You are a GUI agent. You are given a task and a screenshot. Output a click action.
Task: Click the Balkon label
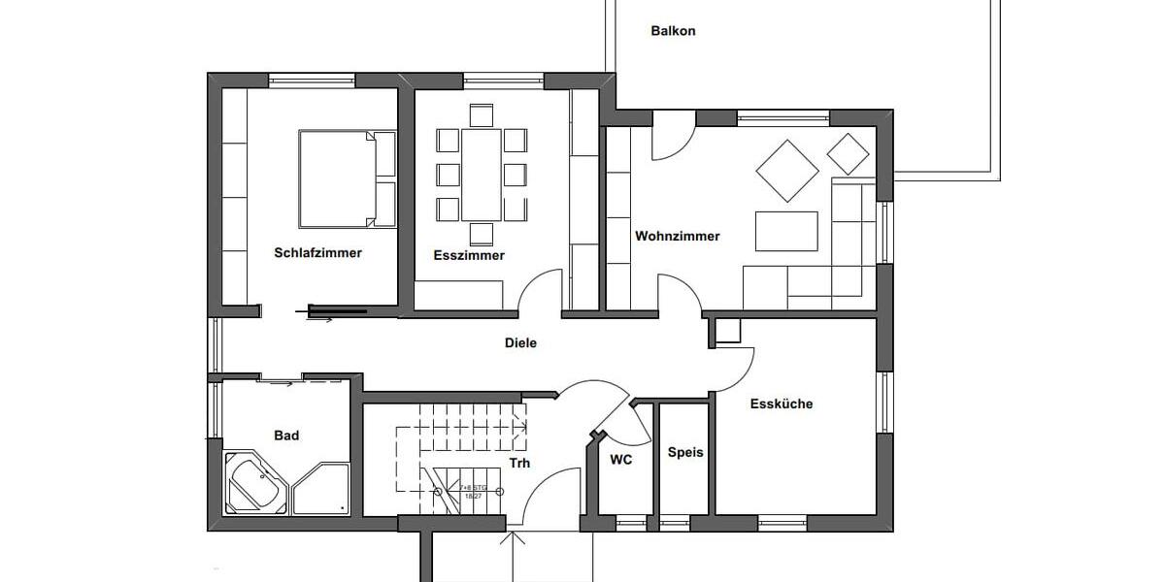click(x=673, y=31)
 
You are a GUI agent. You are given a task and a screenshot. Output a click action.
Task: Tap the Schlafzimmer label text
click(x=317, y=253)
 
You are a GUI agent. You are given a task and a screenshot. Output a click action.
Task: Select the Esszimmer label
click(x=468, y=256)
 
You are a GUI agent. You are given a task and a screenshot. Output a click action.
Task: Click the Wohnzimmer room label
click(x=677, y=236)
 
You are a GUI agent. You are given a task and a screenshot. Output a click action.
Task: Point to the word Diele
click(x=520, y=342)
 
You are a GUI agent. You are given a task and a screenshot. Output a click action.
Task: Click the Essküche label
click(x=781, y=404)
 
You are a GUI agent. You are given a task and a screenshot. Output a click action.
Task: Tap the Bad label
click(x=286, y=436)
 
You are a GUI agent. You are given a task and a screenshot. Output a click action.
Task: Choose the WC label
click(x=621, y=460)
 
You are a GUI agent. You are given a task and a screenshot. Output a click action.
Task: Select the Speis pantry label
click(x=685, y=452)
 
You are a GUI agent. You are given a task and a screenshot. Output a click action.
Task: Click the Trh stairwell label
click(x=520, y=464)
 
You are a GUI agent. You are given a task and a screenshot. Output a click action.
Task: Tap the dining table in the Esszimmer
click(x=481, y=175)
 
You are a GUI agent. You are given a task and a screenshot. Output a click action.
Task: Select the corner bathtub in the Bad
click(x=254, y=483)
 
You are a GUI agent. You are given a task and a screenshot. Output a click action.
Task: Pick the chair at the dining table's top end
click(x=481, y=115)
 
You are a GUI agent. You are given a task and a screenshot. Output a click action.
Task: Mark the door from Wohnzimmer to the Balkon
click(x=673, y=136)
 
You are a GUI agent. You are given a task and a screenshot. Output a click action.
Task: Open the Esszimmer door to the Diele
click(x=540, y=294)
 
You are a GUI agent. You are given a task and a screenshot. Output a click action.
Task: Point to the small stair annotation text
click(x=473, y=490)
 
